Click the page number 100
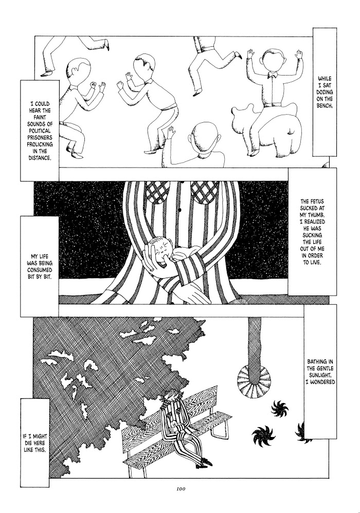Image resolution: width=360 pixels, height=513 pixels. [181, 489]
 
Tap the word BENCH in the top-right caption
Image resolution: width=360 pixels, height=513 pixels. [325, 105]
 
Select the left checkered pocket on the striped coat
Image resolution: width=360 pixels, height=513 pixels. [157, 191]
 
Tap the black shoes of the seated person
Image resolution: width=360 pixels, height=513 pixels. [206, 462]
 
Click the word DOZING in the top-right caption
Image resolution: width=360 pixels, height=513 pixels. [325, 92]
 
